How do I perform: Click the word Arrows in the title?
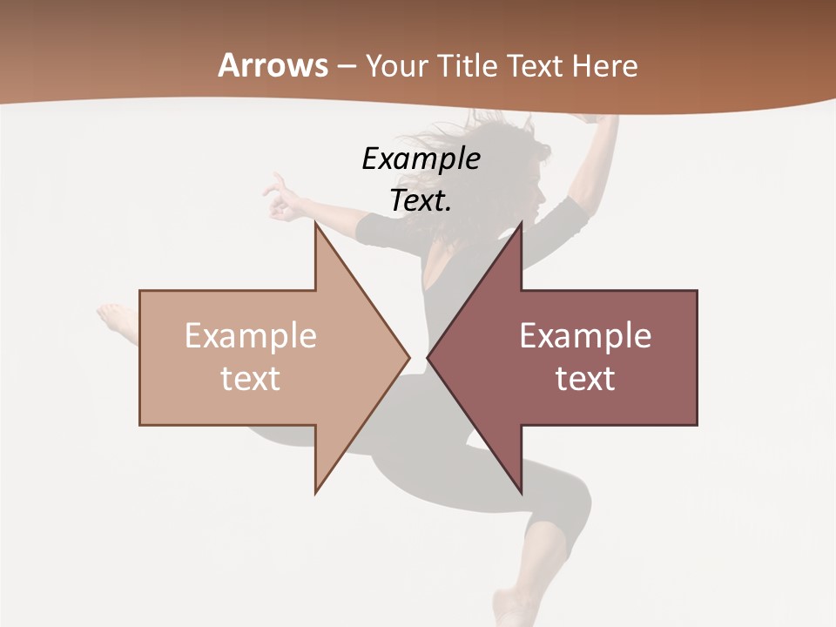pyautogui.click(x=273, y=65)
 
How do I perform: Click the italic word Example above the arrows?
pyautogui.click(x=421, y=159)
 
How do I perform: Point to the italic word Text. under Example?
pyautogui.click(x=421, y=201)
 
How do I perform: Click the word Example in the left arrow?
pyautogui.click(x=250, y=336)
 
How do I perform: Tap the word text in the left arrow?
pyautogui.click(x=250, y=379)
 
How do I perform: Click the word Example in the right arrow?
pyautogui.click(x=585, y=336)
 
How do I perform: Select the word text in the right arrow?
pyautogui.click(x=585, y=379)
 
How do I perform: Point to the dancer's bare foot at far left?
pyautogui.click(x=113, y=318)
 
